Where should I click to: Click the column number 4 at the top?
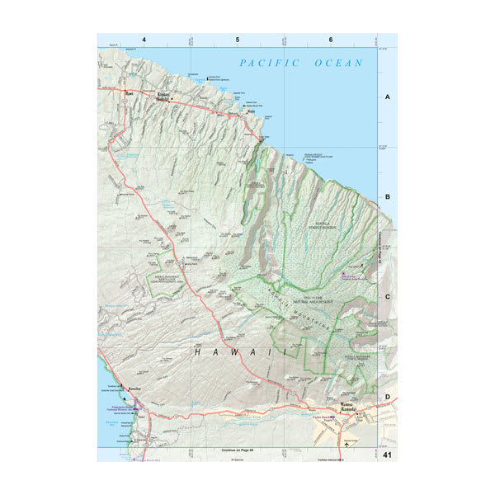click(144, 40)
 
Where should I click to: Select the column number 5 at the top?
click(238, 40)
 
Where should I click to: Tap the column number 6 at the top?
click(330, 40)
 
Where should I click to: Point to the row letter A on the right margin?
click(387, 97)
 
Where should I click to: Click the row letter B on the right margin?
click(387, 198)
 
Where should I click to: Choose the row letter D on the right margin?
click(387, 397)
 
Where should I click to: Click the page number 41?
click(387, 455)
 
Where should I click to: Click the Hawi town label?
click(128, 93)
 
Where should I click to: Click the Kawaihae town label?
click(135, 385)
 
